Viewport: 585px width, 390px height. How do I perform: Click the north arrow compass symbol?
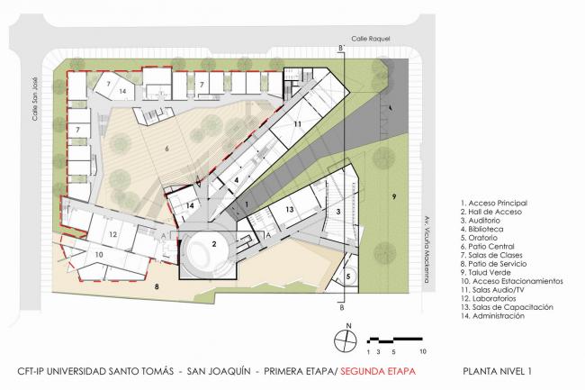pos(344,340)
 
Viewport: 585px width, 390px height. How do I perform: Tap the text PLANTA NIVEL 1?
pos(503,370)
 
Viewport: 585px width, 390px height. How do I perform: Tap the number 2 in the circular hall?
pos(214,244)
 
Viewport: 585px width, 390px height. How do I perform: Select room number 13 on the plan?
pos(290,209)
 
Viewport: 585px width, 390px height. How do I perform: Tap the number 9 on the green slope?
pos(393,195)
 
